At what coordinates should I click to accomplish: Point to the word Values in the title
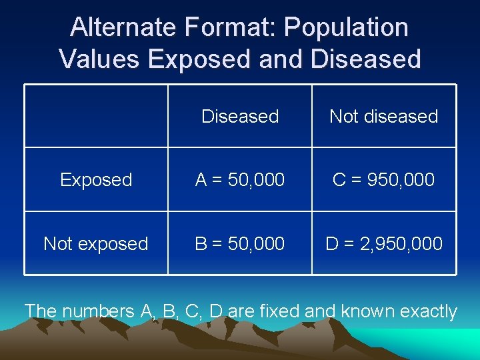tap(99, 59)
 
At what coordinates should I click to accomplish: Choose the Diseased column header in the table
tap(240, 116)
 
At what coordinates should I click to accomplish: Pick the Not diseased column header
tap(384, 116)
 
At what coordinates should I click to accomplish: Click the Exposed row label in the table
tap(96, 180)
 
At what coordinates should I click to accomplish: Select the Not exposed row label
tap(96, 244)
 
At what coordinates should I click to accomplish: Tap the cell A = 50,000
tap(240, 180)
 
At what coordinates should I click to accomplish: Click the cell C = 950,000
tap(384, 180)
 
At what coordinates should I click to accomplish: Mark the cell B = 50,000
tap(240, 244)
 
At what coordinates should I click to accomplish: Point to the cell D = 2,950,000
tap(384, 244)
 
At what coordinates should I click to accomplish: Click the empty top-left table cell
tap(96, 116)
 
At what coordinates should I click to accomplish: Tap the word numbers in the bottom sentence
tap(98, 311)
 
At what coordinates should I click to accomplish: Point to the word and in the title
tap(280, 59)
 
